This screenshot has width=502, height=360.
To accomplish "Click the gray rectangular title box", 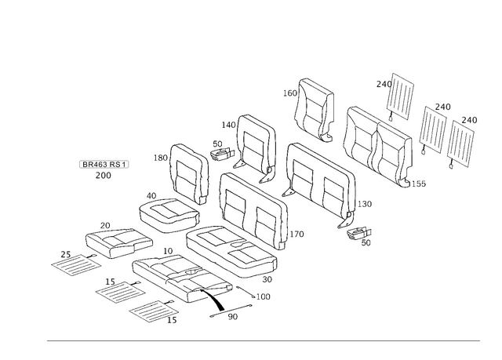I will click(104, 164).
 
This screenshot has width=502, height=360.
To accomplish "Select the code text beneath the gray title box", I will click(103, 176).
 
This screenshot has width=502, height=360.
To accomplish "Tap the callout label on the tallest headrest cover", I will click(384, 83).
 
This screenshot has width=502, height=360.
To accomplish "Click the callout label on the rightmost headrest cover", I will click(469, 120).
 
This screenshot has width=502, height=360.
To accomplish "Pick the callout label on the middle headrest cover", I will click(443, 106).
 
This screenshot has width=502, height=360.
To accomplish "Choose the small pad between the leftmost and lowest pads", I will click(118, 291).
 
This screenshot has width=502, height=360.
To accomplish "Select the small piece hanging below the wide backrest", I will click(357, 227).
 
